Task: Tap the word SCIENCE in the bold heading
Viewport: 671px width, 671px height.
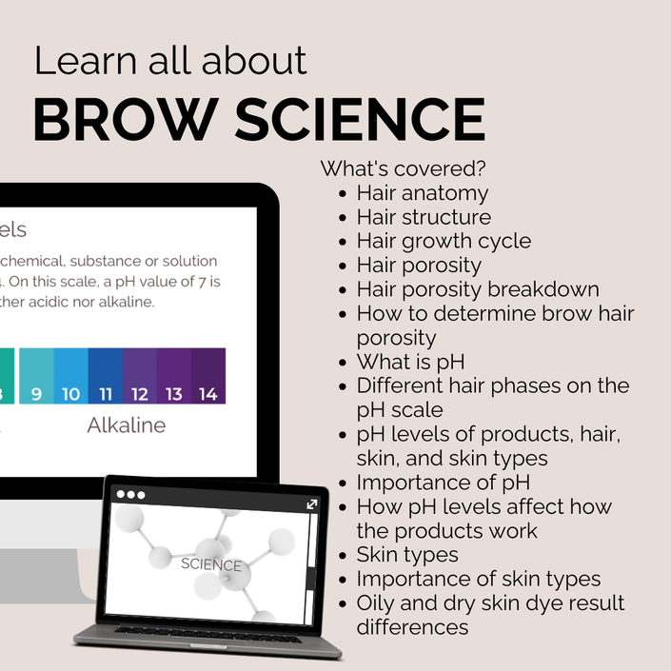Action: [361, 119]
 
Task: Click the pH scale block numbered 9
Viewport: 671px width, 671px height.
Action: [36, 376]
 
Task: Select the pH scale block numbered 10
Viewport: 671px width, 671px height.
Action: [71, 376]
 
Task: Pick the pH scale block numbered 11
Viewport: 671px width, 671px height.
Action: [106, 376]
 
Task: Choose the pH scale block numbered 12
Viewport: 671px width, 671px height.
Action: [140, 376]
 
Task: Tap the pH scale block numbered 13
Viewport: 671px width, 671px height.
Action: [174, 376]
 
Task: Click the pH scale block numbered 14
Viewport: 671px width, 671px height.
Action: [208, 376]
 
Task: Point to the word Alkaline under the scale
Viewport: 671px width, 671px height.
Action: [127, 424]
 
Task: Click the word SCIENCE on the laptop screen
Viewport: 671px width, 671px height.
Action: [211, 564]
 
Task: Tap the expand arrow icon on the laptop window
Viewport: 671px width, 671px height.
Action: [312, 504]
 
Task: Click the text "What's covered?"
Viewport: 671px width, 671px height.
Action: [404, 168]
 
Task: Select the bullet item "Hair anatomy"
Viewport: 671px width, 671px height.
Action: [423, 193]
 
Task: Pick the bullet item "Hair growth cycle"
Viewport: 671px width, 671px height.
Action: [444, 242]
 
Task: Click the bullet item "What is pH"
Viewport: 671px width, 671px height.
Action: [411, 362]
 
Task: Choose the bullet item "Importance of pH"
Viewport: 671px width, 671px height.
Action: [444, 483]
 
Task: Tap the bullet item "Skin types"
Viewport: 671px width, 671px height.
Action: [407, 555]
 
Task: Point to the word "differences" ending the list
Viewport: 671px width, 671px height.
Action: [412, 627]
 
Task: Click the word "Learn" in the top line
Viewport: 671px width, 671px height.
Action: [85, 61]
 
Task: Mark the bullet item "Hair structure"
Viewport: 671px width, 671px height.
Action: [424, 217]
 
